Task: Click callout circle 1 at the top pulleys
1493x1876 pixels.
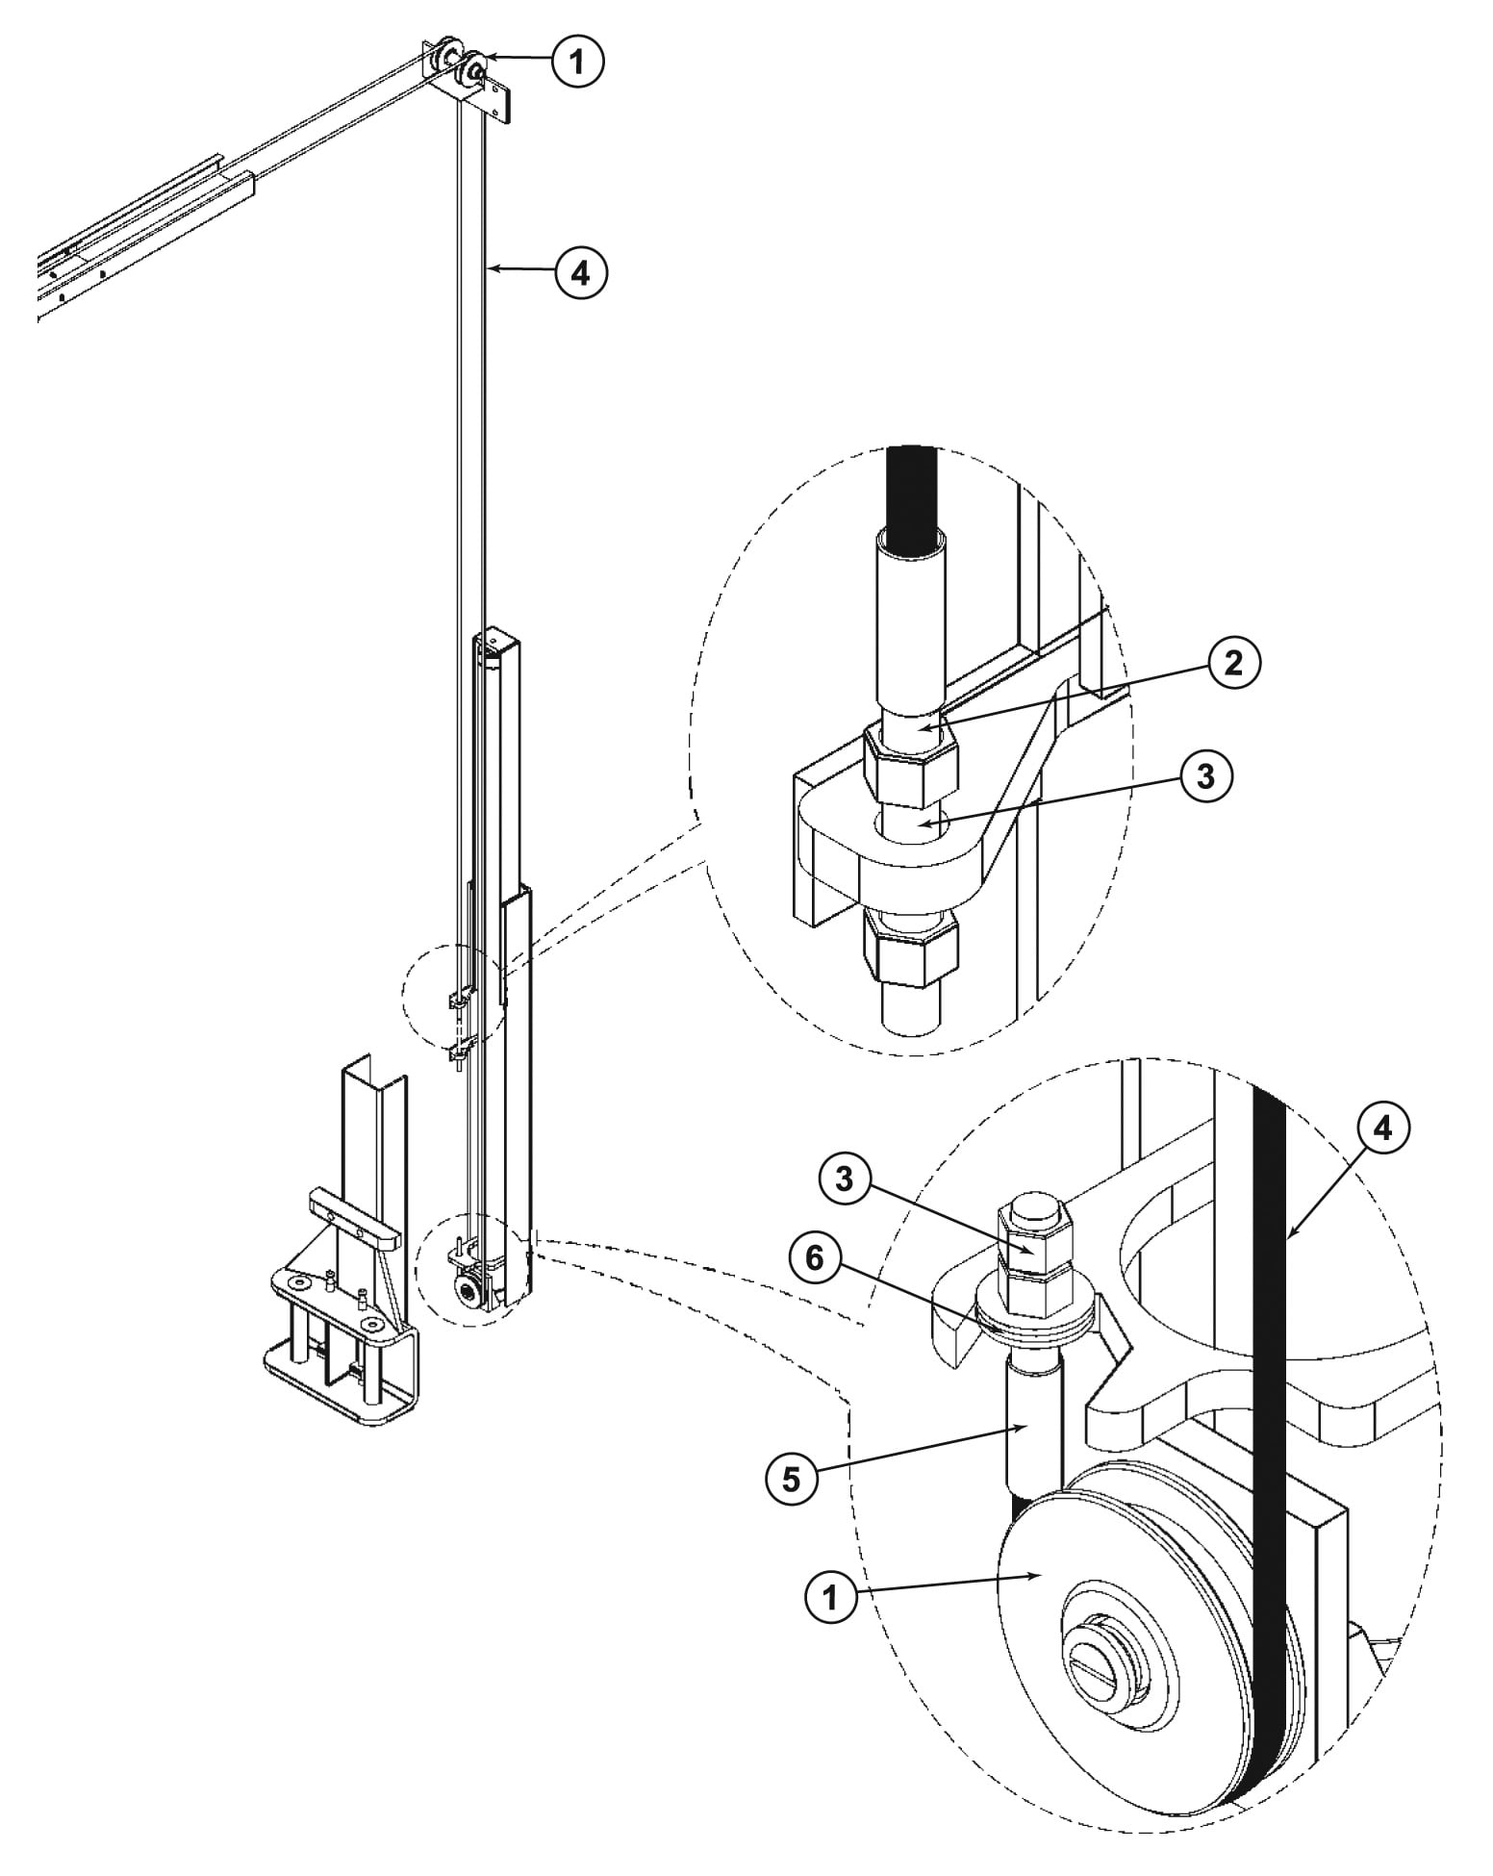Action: tap(577, 63)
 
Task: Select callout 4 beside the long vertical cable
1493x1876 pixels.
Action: tap(581, 273)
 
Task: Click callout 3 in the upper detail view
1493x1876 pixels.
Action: tap(1205, 776)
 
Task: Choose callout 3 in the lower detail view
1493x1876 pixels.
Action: tap(844, 1180)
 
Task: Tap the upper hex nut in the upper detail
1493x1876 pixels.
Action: tap(910, 767)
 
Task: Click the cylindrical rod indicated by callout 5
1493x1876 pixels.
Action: tap(1032, 1424)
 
